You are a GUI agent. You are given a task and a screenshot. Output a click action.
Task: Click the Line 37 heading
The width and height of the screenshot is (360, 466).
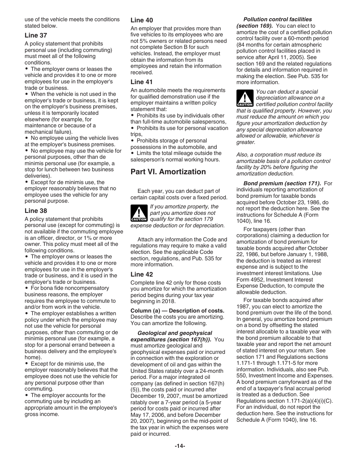36,35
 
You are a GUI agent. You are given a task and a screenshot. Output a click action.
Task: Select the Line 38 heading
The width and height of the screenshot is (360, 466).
36,211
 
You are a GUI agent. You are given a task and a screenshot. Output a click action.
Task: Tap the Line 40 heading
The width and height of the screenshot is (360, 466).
142,20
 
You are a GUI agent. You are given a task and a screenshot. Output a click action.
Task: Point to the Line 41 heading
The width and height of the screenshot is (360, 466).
142,82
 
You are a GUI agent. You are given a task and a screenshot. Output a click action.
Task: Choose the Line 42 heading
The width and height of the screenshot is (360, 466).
142,274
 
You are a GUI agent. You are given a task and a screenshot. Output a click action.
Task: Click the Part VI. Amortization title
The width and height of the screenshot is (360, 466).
168,172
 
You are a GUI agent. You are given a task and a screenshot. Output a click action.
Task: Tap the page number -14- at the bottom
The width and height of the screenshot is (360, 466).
180,446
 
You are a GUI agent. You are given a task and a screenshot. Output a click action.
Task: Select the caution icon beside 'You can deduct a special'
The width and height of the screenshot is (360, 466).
244,98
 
